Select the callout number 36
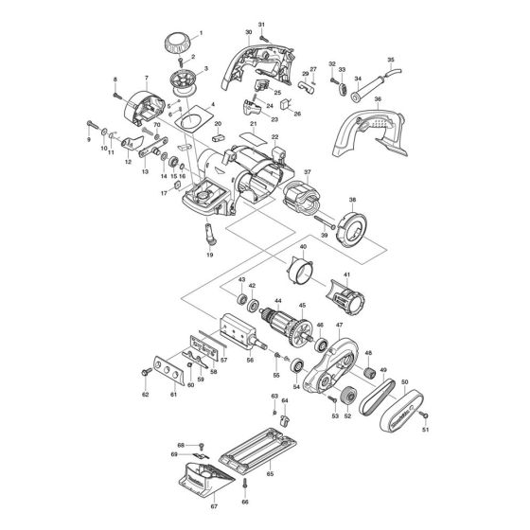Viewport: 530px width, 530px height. coord(378,99)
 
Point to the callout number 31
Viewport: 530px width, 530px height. coord(262,23)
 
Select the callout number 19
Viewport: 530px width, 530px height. coord(209,256)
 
